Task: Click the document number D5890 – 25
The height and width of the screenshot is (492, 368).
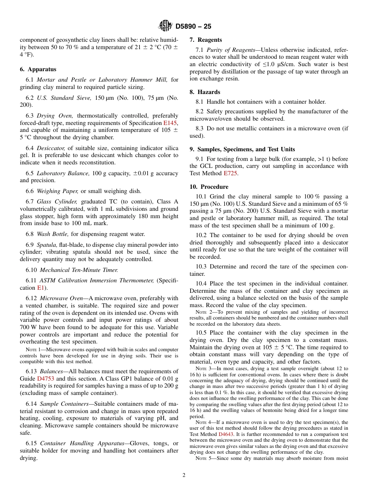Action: pos(193,27)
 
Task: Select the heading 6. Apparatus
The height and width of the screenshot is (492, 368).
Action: pos(38,69)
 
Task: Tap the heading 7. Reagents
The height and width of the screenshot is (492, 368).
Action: pos(205,40)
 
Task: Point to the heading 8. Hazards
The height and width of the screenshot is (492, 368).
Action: pos(205,92)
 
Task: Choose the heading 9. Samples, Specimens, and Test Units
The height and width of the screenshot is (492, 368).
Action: pos(242,149)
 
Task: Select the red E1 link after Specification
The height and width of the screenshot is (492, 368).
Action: pos(41,288)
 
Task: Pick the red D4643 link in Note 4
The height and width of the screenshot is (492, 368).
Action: pos(226,434)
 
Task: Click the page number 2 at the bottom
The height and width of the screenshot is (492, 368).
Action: pos(184,475)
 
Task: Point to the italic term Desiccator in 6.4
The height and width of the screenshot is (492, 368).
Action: pos(51,148)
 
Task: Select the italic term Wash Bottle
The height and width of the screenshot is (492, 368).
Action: pos(52,234)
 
